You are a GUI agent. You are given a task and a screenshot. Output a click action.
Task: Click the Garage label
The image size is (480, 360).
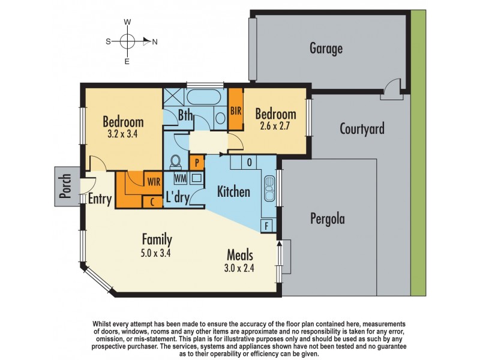326,49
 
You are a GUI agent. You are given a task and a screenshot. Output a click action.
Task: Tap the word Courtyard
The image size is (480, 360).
362,128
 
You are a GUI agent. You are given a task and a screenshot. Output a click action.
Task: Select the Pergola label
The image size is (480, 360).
328,219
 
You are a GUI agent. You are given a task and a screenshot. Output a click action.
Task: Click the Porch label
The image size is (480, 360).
65,186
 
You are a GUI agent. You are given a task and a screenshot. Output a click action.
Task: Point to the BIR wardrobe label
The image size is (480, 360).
236,110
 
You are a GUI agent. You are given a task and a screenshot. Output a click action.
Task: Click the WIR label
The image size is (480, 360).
154,182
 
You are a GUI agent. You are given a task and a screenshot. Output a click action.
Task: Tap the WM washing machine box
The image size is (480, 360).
181,178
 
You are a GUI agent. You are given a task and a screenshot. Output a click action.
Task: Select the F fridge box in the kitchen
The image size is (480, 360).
266,226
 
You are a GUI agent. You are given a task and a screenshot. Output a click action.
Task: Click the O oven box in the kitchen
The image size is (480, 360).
249,162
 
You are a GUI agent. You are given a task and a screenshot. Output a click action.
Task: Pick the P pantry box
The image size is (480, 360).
197,163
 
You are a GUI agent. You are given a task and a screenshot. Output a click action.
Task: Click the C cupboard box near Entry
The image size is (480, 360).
152,202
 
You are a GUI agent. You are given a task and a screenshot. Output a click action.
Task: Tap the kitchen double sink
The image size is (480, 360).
269,188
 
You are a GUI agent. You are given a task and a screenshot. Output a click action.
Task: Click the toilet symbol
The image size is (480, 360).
175,162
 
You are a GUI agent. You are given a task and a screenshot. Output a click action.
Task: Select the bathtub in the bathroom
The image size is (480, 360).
203,97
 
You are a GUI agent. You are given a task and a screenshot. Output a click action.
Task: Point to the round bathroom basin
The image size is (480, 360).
220,118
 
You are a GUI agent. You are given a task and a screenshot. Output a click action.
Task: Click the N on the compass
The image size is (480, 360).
155,42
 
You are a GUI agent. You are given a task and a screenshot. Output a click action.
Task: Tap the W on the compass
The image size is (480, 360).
127,22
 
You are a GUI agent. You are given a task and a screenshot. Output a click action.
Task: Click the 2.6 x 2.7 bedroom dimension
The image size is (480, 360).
275,126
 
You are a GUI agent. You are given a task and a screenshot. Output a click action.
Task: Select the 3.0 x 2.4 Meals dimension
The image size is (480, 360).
239,268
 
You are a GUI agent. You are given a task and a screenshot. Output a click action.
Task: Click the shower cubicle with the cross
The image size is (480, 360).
173,97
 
